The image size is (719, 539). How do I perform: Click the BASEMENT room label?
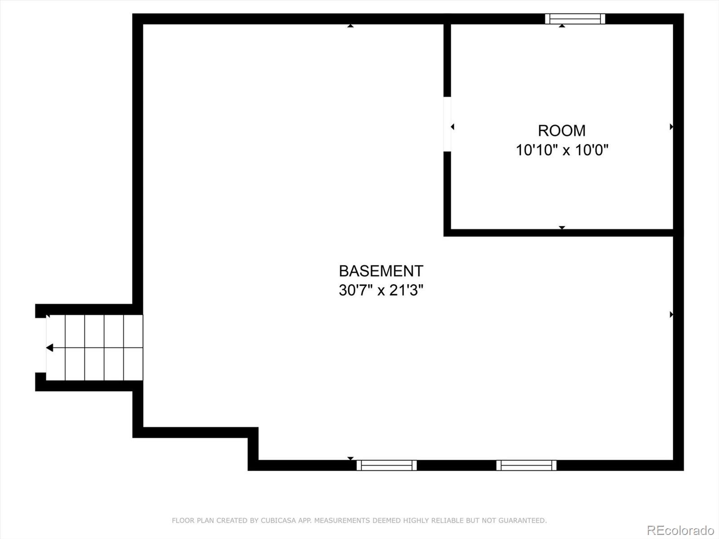(381, 271)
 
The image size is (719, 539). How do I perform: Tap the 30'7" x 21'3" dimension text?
(381, 290)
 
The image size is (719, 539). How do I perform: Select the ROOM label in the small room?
(562, 131)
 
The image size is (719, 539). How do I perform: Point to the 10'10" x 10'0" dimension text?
(562, 150)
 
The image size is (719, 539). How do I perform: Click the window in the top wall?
(575, 19)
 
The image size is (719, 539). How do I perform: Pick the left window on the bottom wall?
(386, 465)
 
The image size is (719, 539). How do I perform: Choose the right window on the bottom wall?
(526, 465)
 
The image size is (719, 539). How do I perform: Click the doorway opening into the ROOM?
(447, 124)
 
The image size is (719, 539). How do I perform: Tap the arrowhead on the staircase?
(49, 348)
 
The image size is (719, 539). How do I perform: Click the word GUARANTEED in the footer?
(524, 521)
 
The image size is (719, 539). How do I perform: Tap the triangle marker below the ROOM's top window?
(562, 26)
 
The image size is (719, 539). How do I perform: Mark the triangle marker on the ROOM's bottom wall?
(562, 228)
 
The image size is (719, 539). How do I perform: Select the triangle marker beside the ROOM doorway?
(452, 127)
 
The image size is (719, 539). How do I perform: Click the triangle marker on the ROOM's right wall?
(671, 127)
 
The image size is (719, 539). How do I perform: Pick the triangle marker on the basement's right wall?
(671, 314)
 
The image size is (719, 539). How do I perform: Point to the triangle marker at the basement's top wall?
(350, 26)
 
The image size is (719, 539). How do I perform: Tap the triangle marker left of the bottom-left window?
(350, 458)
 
